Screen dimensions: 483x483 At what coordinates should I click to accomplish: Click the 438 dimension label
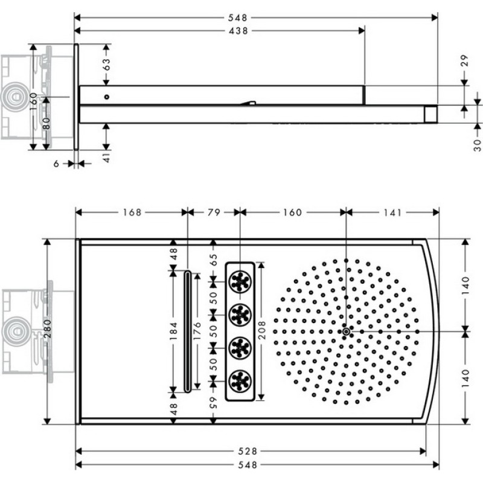pos(238,31)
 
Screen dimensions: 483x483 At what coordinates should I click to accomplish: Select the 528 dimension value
pos(248,451)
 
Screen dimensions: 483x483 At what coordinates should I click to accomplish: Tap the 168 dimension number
pos(132,213)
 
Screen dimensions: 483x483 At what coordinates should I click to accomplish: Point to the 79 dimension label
pos(214,213)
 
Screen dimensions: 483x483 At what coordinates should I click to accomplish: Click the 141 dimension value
pos(392,213)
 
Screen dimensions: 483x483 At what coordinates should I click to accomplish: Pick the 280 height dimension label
pos(47,328)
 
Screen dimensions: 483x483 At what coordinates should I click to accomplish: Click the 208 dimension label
pos(261,330)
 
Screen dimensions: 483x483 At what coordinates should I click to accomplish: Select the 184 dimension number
pos(173,331)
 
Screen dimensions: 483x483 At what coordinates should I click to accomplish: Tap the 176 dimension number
pos(197,331)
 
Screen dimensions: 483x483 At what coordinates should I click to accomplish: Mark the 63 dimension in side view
pos(106,65)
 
